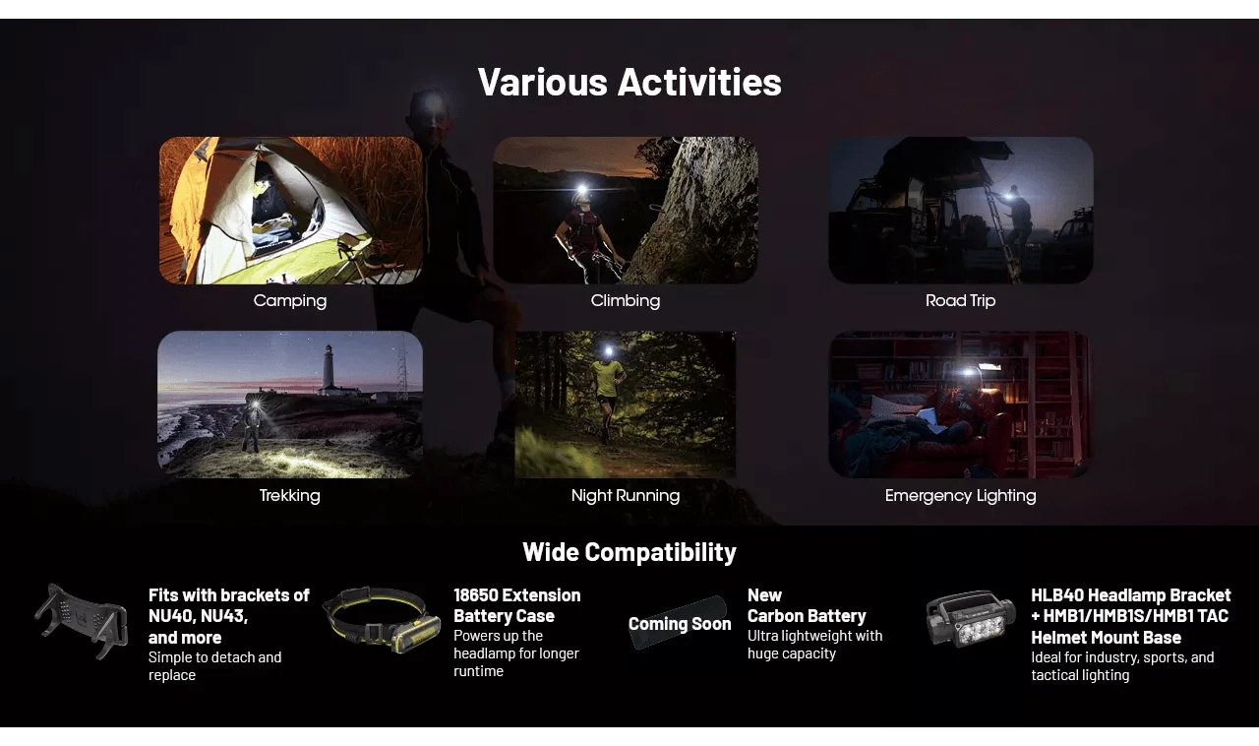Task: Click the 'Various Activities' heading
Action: (629, 82)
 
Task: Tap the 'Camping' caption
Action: (290, 300)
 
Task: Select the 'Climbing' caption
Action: (626, 300)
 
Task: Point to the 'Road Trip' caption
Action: (961, 300)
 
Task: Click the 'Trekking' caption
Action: (290, 495)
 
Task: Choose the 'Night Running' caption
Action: (626, 495)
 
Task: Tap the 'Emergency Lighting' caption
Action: (961, 495)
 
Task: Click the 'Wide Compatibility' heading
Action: (629, 552)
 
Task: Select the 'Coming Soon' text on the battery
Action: (680, 624)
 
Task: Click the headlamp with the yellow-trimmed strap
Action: (383, 621)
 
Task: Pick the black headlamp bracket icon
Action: (82, 621)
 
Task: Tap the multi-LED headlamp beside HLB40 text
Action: (971, 619)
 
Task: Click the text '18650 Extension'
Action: (517, 595)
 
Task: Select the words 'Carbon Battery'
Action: (807, 616)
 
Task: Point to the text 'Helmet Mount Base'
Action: (1107, 638)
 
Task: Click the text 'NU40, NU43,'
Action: (198, 616)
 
